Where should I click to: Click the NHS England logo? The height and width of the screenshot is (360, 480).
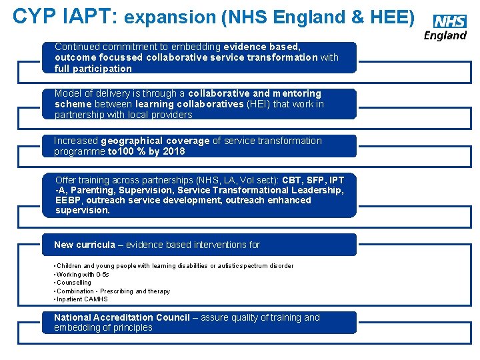tap(446, 27)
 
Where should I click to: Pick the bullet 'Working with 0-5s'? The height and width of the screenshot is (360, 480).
tap(83, 274)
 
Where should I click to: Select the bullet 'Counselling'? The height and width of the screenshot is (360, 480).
tap(74, 283)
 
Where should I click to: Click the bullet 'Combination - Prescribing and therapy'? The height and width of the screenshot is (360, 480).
tap(113, 291)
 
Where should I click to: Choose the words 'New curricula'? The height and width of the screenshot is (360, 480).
tap(85, 245)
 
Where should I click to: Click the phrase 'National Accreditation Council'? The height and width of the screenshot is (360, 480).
tap(122, 317)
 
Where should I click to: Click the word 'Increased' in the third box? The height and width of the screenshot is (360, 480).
tap(76, 141)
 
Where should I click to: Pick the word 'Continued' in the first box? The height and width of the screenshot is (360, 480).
tap(77, 47)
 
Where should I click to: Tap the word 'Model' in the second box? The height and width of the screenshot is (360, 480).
tap(67, 93)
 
